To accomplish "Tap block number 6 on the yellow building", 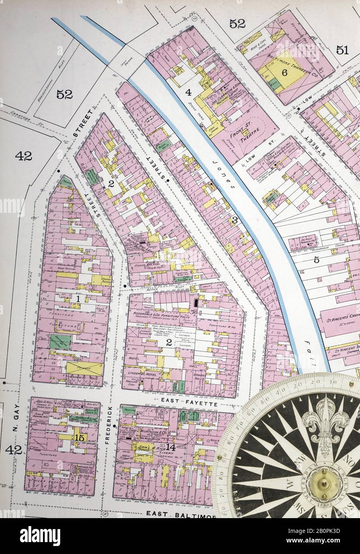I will pos(285,73).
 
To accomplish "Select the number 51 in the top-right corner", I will pos(342,50).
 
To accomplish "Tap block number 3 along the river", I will pos(235,220).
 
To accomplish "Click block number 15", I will pos(79,437).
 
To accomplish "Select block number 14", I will pos(171,447).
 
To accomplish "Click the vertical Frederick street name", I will pos(108,425).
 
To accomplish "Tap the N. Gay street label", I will pos(16,422).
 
